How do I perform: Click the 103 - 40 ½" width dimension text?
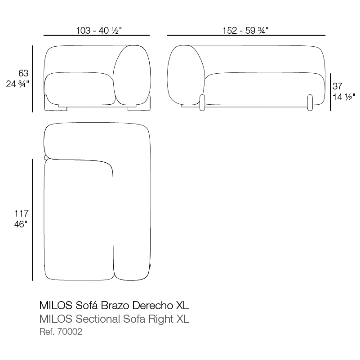click(x=98, y=30)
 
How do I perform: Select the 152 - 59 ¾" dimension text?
click(x=245, y=30)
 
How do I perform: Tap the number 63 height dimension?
click(x=23, y=73)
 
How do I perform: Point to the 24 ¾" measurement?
click(x=18, y=84)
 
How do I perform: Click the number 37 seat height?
click(x=337, y=86)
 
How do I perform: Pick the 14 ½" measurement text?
click(x=344, y=97)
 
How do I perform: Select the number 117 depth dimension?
click(x=22, y=213)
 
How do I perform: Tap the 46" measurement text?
click(x=21, y=224)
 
